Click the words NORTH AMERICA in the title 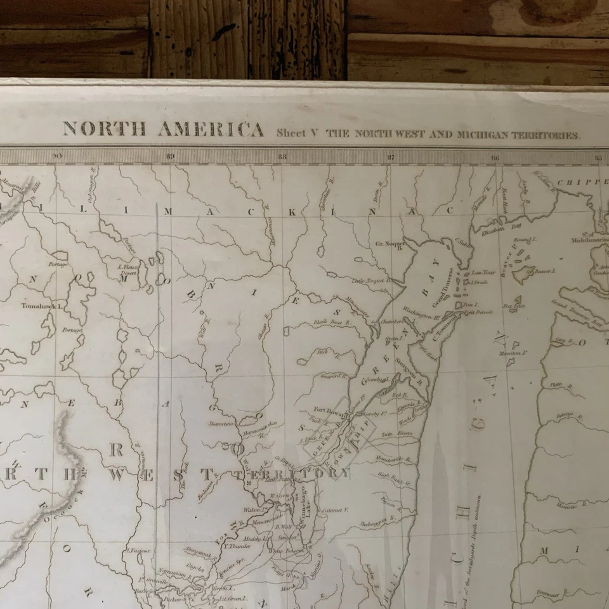click(163, 129)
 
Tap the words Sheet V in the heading click(296, 134)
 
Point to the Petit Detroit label click(478, 313)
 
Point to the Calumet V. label click(337, 509)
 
